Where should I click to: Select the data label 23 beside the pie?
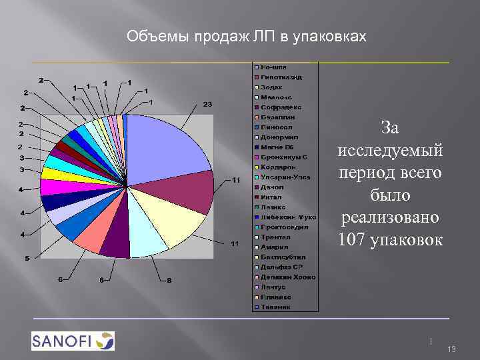click(x=207, y=105)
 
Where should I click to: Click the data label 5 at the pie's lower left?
click(x=27, y=258)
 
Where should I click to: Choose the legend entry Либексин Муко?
click(x=287, y=217)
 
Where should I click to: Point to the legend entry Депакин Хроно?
click(x=287, y=277)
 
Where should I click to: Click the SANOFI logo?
click(x=73, y=341)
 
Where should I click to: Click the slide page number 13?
click(x=451, y=349)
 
